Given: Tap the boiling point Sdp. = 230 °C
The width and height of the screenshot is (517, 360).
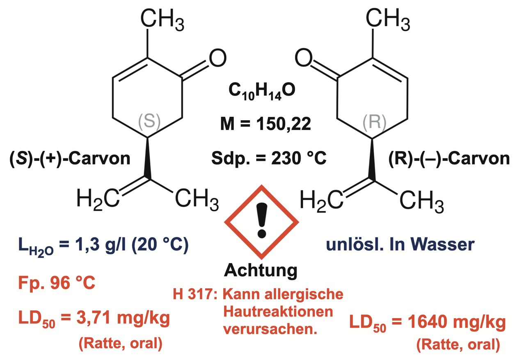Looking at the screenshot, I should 269,157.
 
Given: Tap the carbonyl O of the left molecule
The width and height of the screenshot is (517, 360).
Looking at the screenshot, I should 217,58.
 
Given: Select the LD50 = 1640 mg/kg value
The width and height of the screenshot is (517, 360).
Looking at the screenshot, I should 427,322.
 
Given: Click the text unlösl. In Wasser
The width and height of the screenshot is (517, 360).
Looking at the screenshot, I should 400,245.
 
